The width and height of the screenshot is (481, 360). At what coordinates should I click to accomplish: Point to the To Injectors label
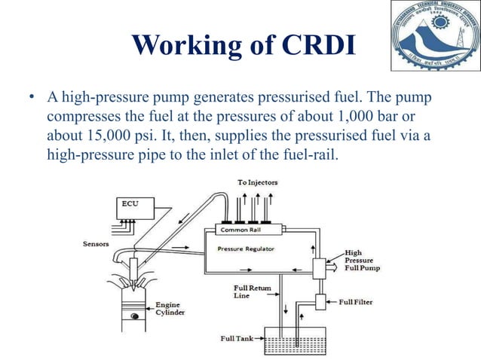258,182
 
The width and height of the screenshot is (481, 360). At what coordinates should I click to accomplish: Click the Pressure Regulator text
245,248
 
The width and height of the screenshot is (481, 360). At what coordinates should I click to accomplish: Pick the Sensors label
96,244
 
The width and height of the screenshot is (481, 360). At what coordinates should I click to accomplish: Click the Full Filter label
355,302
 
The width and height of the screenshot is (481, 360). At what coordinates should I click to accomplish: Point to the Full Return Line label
253,292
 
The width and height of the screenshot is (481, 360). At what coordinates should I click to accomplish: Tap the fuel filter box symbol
320,301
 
